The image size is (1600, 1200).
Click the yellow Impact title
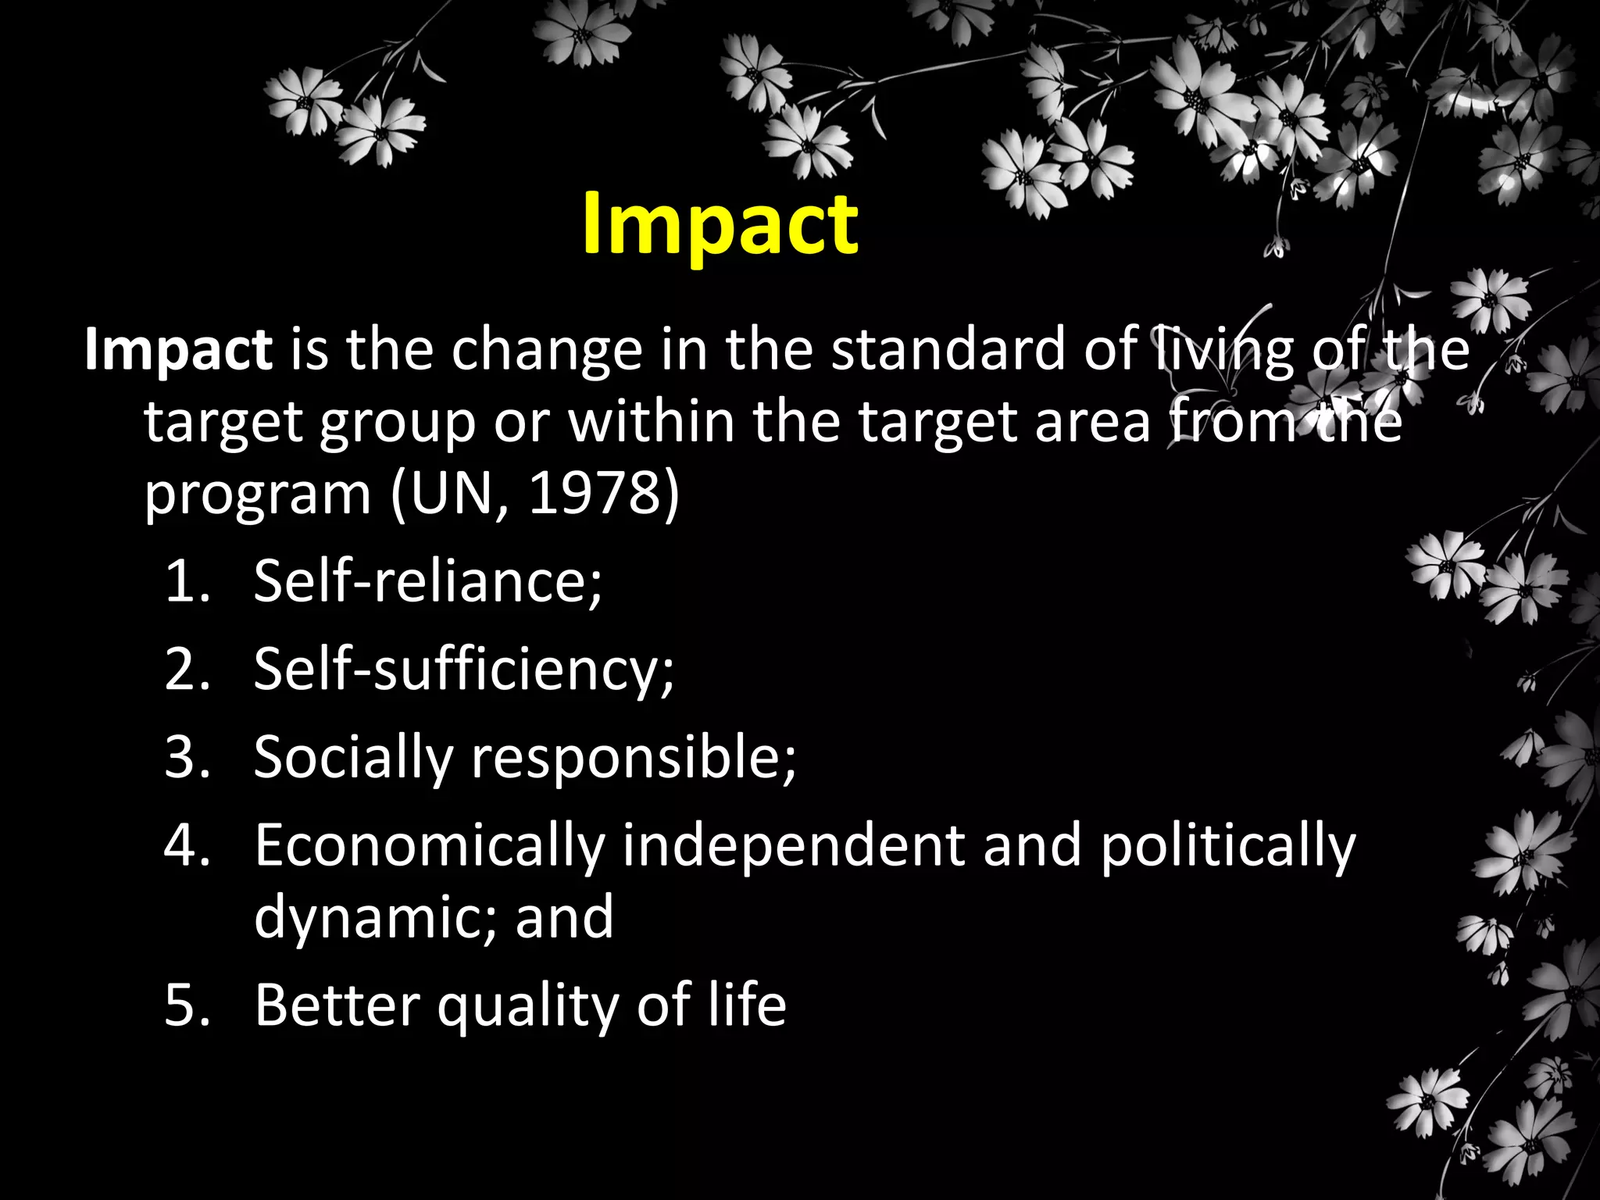point(720,224)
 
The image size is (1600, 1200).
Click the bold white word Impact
point(178,350)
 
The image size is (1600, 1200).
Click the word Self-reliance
point(427,581)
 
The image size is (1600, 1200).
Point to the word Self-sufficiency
point(463,670)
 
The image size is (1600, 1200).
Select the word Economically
point(430,846)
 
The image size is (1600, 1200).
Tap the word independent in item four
point(794,846)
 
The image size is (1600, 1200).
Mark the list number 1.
point(187,581)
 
